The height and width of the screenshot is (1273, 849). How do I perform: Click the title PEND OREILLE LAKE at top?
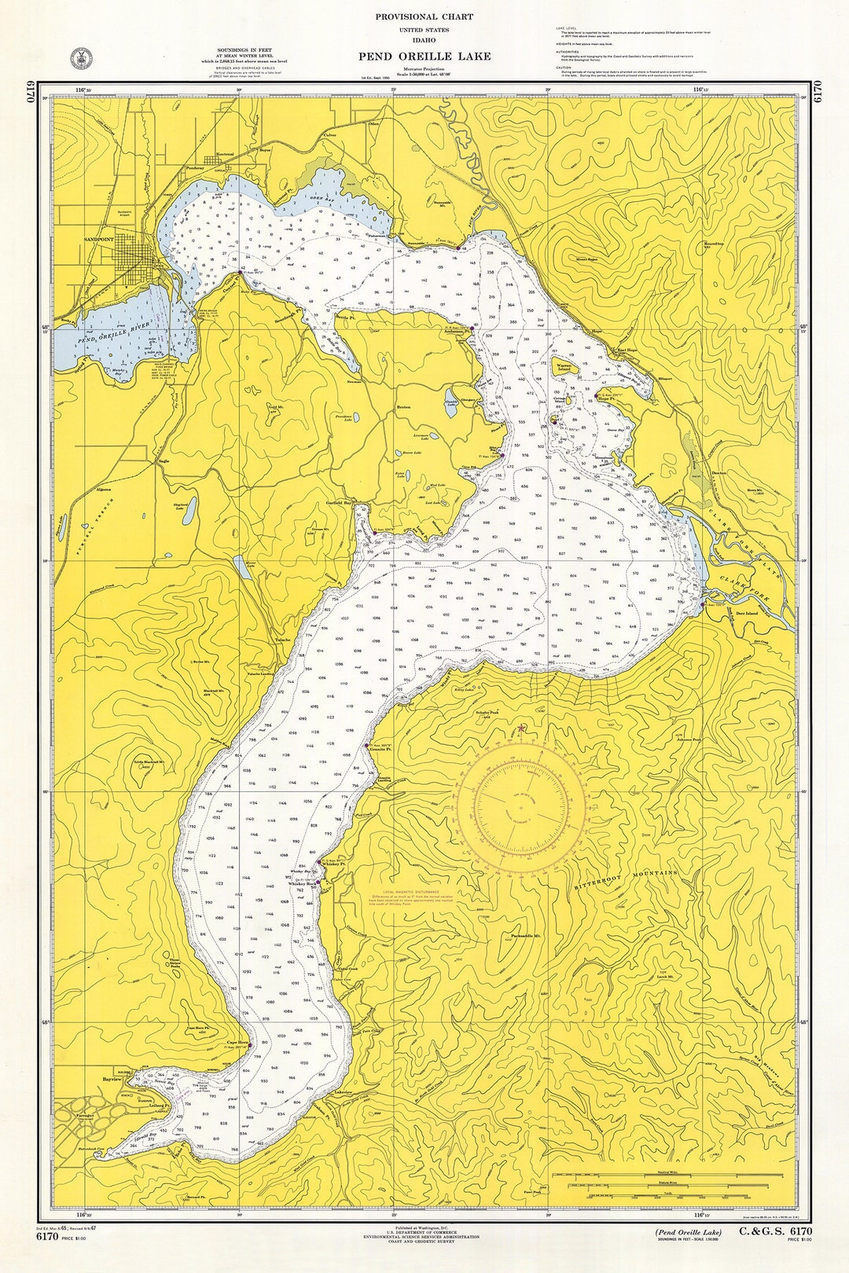coord(424,56)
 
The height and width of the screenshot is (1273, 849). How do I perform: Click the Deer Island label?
coord(746,613)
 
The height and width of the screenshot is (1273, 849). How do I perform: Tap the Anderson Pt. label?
coord(456,332)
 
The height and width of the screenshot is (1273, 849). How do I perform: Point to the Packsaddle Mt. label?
coord(525,937)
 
